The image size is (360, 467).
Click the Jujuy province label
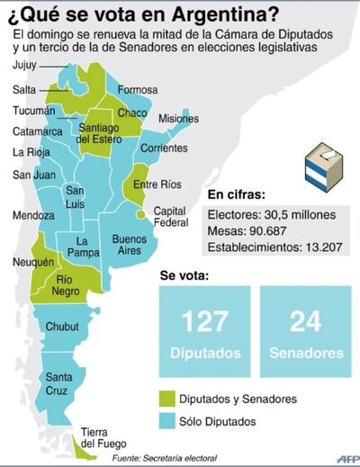point(26,67)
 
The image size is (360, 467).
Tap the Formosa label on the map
point(138,90)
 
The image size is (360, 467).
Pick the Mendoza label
point(31,216)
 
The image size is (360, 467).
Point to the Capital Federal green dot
point(139,215)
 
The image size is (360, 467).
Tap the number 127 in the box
point(204,320)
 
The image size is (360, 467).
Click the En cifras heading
point(238,194)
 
